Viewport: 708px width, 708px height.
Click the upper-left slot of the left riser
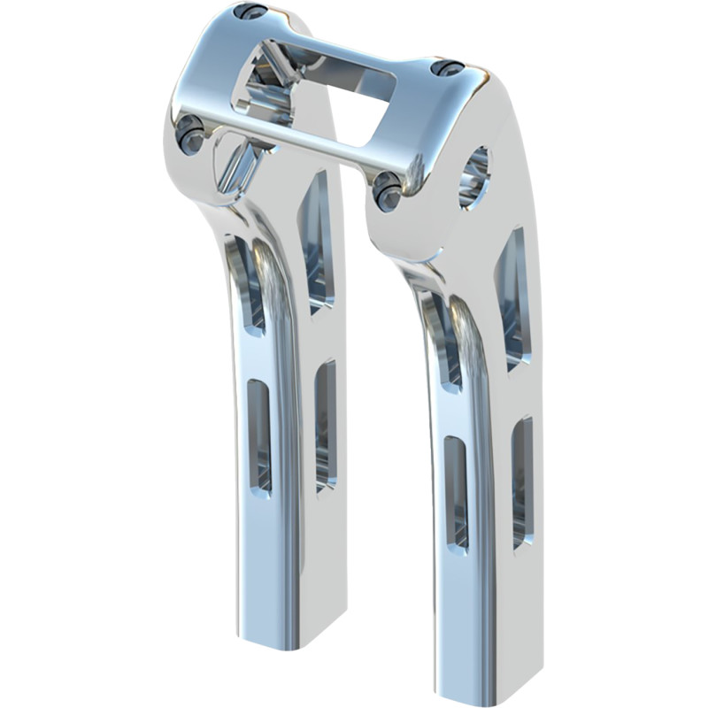[x=250, y=283]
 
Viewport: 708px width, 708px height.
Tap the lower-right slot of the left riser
[x=326, y=425]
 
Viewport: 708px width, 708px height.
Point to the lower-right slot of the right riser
[x=522, y=482]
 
